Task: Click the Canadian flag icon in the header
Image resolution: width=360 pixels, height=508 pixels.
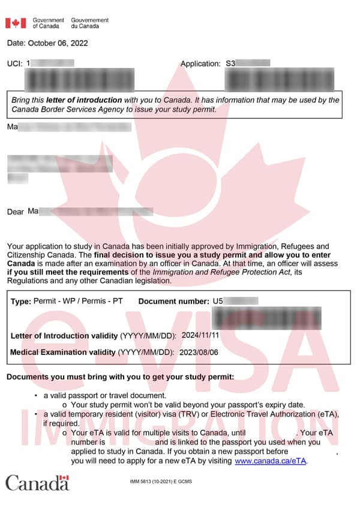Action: (16, 23)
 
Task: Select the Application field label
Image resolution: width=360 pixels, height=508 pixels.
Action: (200, 63)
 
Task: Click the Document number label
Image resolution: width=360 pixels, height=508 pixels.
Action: (173, 301)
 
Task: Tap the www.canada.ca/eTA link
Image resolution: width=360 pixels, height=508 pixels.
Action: (271, 461)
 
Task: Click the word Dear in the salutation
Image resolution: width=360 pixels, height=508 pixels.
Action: (16, 212)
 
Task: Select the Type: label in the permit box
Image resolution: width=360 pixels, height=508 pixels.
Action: (21, 301)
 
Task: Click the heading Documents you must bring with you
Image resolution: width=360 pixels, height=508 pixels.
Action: (120, 377)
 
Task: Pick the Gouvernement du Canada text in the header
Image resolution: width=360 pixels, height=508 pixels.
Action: (90, 23)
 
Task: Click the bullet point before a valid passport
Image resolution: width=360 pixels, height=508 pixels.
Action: (37, 396)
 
